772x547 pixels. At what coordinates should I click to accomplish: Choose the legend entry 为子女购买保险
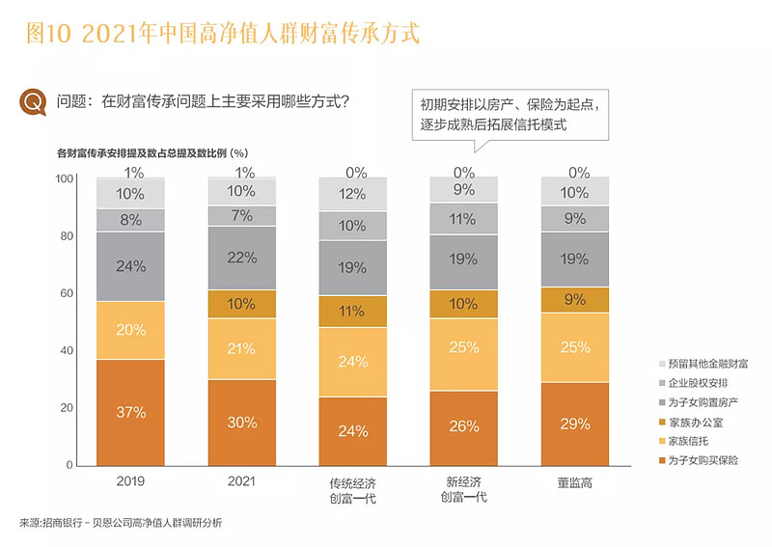(696, 460)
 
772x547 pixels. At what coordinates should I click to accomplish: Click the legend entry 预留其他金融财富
(700, 364)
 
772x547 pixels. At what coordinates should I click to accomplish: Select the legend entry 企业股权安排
(696, 383)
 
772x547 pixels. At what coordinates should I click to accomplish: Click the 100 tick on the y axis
(64, 178)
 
